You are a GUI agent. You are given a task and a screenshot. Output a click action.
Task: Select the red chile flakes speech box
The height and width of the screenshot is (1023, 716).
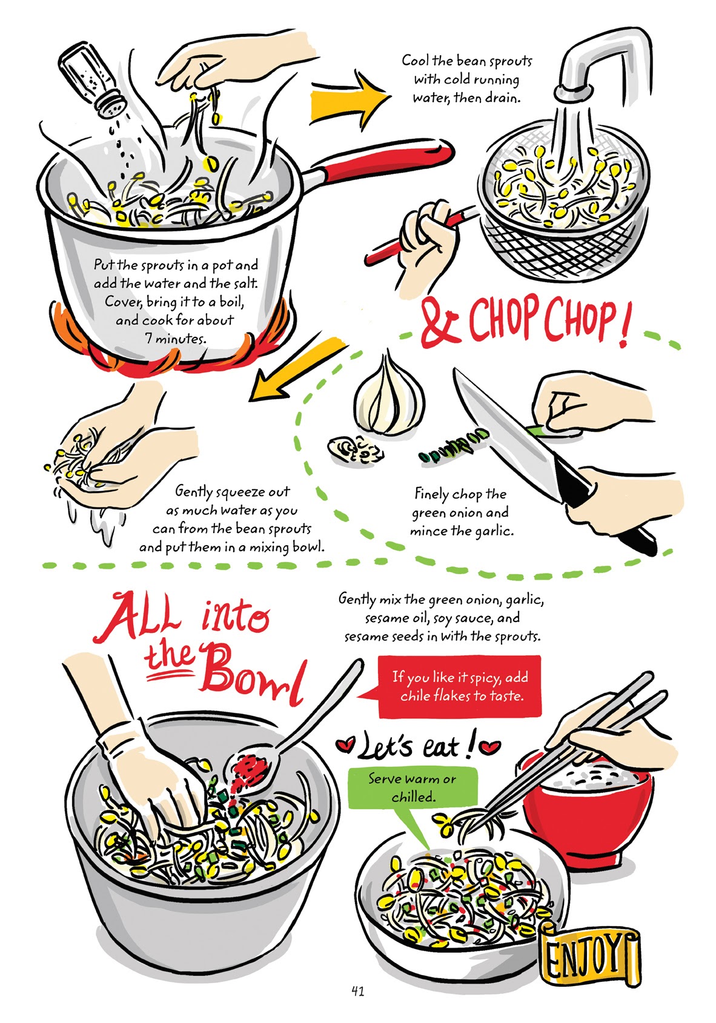pos(459,686)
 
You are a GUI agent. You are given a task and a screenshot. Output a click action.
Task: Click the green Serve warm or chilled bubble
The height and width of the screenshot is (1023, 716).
pos(413,788)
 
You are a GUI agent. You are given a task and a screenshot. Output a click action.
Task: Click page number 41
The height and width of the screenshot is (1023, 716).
pos(357,992)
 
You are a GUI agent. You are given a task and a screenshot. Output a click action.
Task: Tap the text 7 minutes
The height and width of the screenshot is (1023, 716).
pos(176,338)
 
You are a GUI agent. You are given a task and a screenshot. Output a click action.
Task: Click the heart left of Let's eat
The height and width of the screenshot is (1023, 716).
pos(346,746)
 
